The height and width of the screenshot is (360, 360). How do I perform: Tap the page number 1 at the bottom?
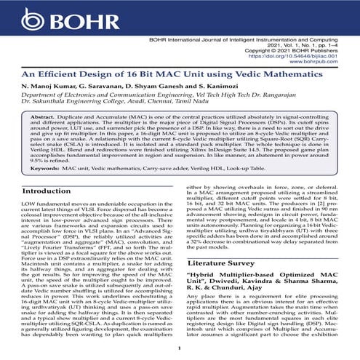point(179,350)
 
